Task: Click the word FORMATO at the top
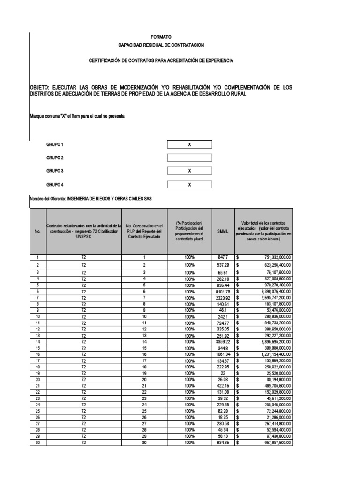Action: [x=161, y=37]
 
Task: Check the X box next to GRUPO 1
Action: [x=189, y=144]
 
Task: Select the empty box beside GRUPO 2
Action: [x=189, y=157]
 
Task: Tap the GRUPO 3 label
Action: [x=54, y=171]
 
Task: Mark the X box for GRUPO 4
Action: [x=189, y=185]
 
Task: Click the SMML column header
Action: [x=223, y=231]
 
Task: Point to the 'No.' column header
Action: [x=37, y=231]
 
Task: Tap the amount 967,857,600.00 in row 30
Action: [x=271, y=442]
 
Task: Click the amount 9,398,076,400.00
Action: [x=270, y=291]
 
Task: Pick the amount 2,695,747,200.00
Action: [x=270, y=297]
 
